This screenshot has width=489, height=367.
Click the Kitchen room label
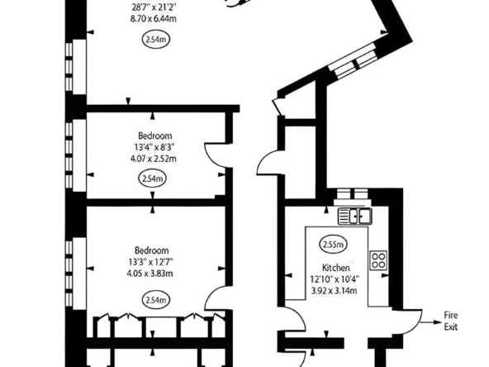335,268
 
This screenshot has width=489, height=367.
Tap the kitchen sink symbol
355,217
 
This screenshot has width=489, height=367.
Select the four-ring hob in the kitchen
378,260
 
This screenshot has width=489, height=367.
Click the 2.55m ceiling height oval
334,245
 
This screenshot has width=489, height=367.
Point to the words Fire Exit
451,321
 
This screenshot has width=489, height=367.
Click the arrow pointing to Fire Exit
431,322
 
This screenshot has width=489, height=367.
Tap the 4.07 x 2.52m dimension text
153,159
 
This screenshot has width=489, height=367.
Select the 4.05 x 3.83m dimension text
150,274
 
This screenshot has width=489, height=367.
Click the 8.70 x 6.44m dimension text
153,19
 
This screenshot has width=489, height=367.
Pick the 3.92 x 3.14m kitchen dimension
335,291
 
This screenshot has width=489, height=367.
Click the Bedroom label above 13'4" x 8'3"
155,136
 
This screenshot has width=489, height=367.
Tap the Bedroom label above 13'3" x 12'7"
151,250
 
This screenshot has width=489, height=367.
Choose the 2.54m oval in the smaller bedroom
153,179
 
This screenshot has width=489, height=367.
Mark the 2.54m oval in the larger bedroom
156,300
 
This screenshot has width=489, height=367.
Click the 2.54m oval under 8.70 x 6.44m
156,40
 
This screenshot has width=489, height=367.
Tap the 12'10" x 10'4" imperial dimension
335,279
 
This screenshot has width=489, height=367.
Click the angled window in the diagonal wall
354,61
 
